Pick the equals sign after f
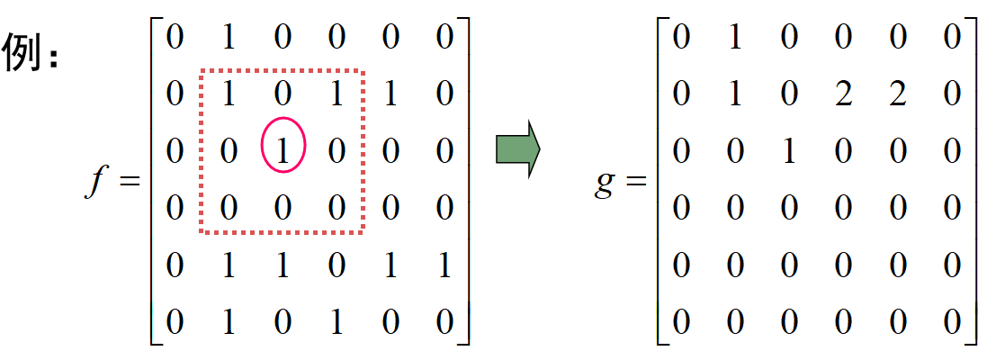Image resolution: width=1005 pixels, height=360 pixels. pyautogui.click(x=130, y=182)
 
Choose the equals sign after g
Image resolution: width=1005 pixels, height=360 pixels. pyautogui.click(x=636, y=182)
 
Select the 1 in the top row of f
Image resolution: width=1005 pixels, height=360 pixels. pyautogui.click(x=229, y=37)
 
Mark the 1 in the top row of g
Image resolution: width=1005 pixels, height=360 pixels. pyautogui.click(x=735, y=37)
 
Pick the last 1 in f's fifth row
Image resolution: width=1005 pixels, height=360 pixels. pyautogui.click(x=444, y=266)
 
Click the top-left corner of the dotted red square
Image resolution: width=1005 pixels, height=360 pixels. pyautogui.click(x=201, y=71)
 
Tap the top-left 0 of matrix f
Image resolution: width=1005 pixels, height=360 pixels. pyautogui.click(x=175, y=37)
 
